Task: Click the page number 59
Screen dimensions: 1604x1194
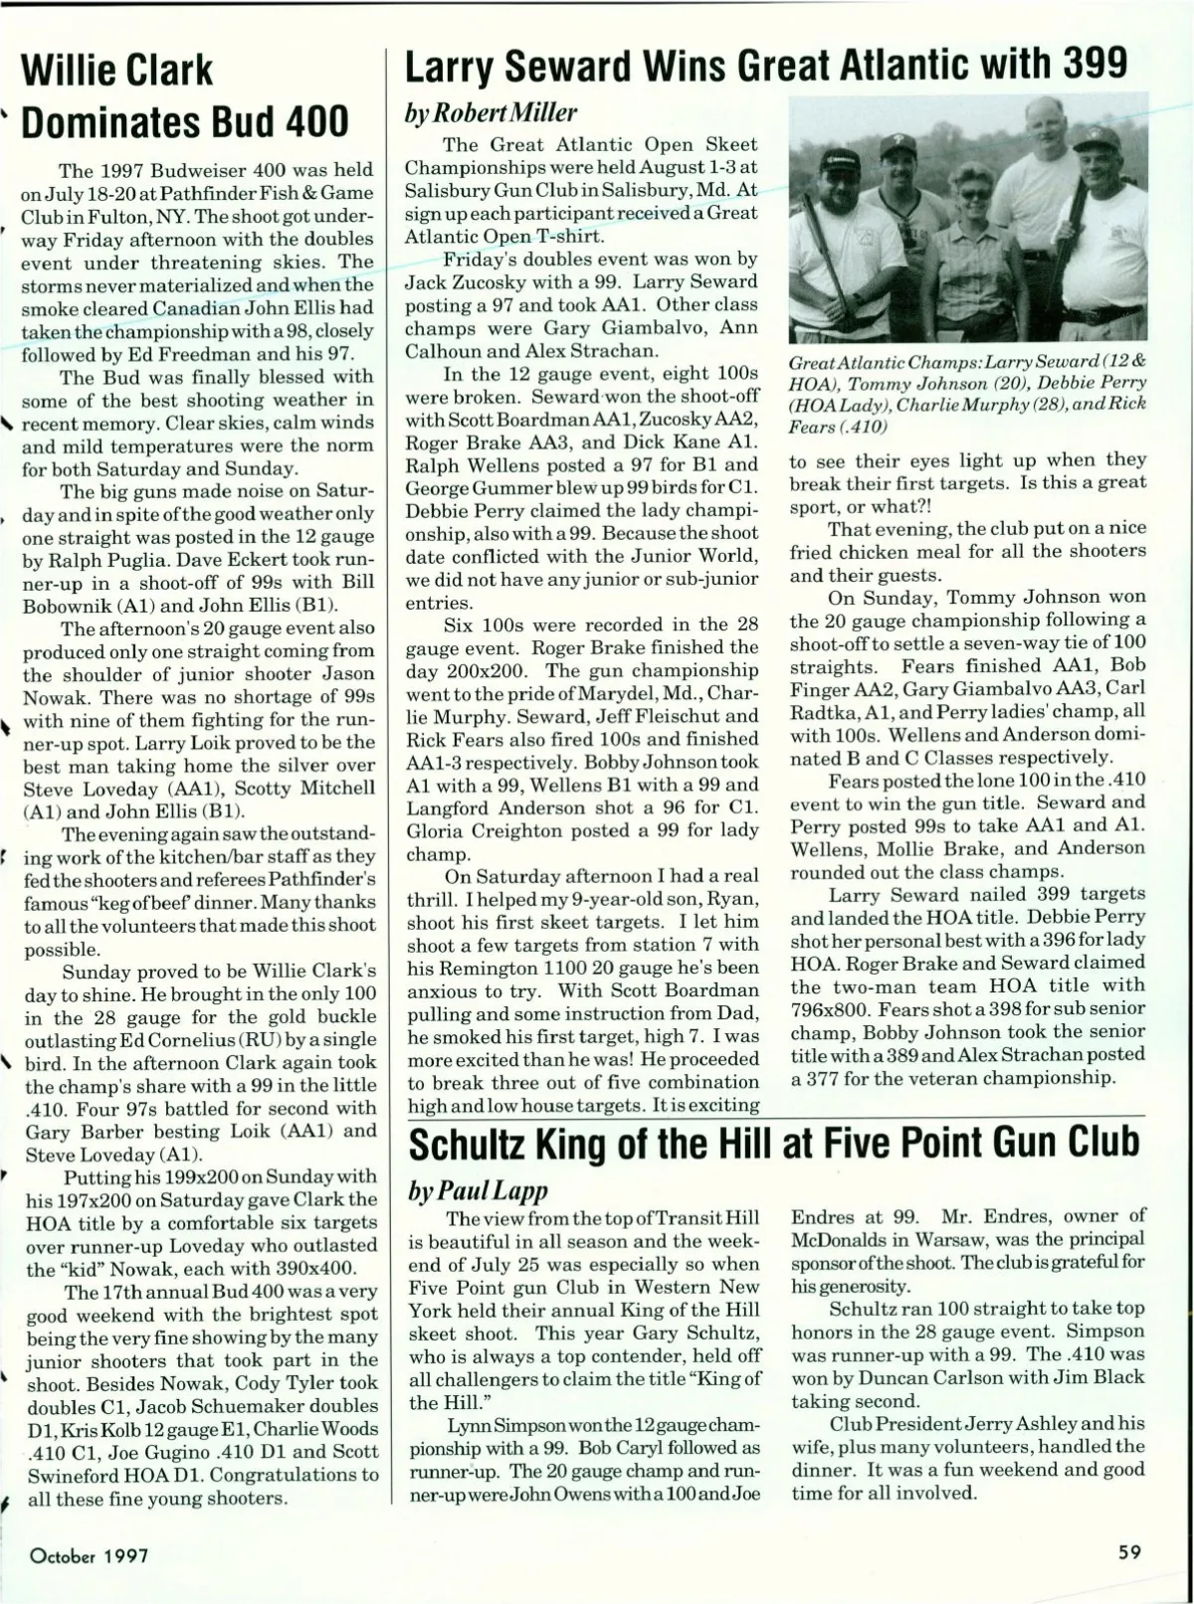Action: click(1128, 1551)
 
